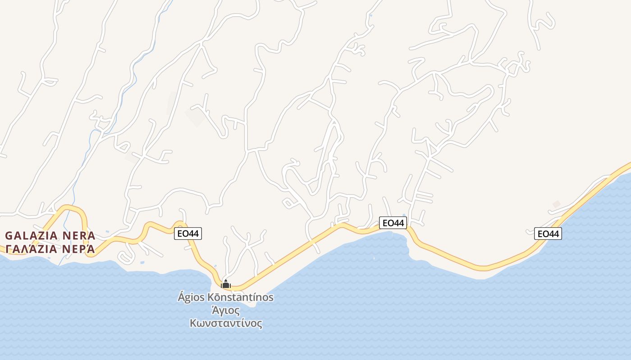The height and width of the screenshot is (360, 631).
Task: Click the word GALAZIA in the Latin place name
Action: click(x=32, y=236)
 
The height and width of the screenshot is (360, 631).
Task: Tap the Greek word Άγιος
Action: click(x=226, y=310)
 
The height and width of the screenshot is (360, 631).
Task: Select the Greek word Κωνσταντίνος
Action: click(x=226, y=323)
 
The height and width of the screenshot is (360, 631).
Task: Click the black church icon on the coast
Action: click(x=226, y=284)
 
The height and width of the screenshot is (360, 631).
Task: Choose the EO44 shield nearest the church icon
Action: click(x=188, y=234)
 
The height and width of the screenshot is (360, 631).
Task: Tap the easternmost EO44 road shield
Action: click(x=548, y=234)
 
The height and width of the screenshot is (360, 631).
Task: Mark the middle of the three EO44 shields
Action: click(x=393, y=223)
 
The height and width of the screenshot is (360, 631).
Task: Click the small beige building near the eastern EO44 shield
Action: click(x=557, y=204)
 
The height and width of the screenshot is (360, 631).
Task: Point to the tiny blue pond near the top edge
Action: click(x=370, y=16)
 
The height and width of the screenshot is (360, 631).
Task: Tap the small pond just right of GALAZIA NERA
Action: click(x=107, y=232)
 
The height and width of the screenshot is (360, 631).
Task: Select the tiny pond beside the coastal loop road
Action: click(x=142, y=262)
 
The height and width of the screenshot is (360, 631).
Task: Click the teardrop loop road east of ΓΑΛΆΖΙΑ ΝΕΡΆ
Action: click(x=126, y=256)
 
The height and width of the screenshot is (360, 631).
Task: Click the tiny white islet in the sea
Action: click(x=374, y=258)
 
